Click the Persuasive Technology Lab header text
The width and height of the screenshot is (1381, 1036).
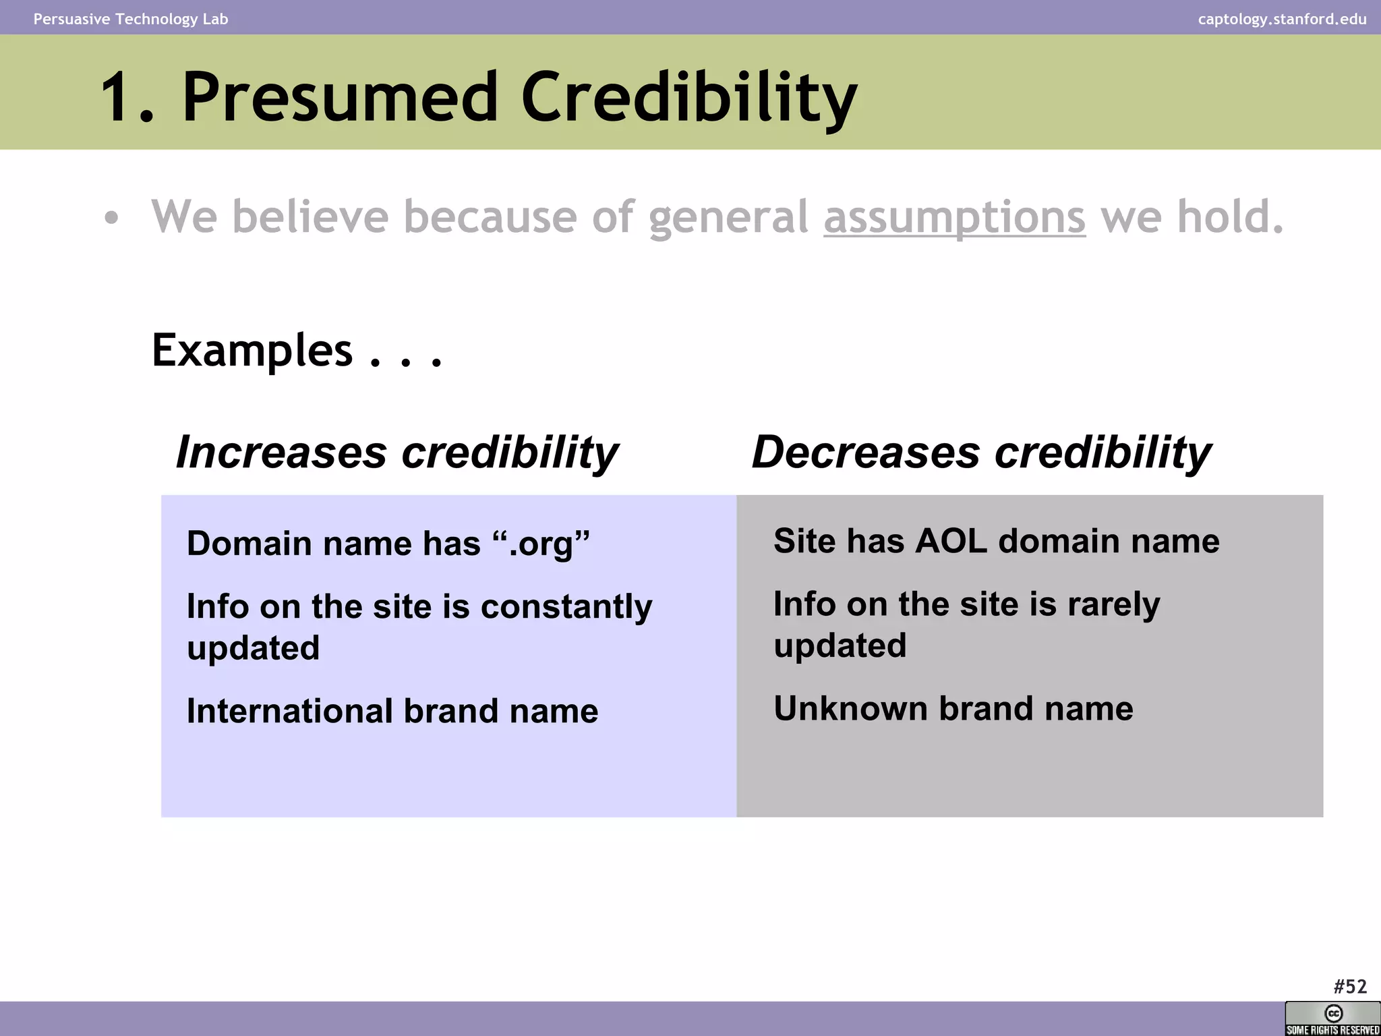click(x=131, y=19)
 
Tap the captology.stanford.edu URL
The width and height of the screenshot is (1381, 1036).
click(x=1282, y=19)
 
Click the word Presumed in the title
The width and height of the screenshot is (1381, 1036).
click(x=340, y=98)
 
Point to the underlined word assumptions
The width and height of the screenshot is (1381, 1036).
click(x=954, y=218)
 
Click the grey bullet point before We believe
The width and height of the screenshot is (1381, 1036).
click(x=111, y=219)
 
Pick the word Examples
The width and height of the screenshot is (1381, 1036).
click(x=252, y=351)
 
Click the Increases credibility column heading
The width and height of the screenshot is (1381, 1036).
click(x=396, y=452)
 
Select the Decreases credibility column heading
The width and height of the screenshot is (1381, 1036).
click(x=981, y=452)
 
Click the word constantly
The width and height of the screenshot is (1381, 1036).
click(x=566, y=606)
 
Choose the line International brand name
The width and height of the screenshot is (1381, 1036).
click(x=392, y=711)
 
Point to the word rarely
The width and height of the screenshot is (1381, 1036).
click(x=1113, y=604)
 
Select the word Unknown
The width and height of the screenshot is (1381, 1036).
click(x=850, y=708)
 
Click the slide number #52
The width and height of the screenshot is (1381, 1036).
click(x=1349, y=987)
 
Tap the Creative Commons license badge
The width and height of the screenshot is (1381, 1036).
click(x=1332, y=1018)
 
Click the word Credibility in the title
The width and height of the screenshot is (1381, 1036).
click(x=688, y=98)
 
